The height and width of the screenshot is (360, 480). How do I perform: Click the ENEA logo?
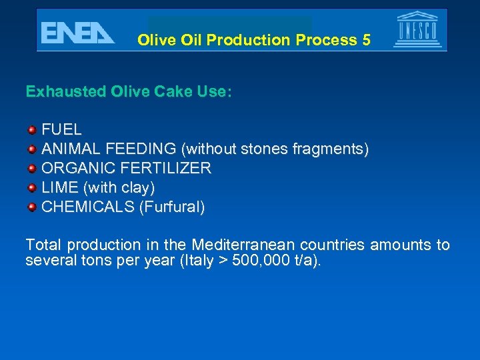77,32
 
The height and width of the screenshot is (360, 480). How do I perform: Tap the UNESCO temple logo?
418,30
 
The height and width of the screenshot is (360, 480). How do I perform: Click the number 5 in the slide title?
366,40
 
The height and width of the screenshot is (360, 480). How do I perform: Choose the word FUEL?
62,129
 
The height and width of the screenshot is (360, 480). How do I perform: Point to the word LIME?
59,187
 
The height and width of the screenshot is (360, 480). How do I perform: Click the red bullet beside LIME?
31,187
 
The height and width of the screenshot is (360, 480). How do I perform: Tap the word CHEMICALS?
88,207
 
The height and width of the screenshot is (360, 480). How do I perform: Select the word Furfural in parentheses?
171,207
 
